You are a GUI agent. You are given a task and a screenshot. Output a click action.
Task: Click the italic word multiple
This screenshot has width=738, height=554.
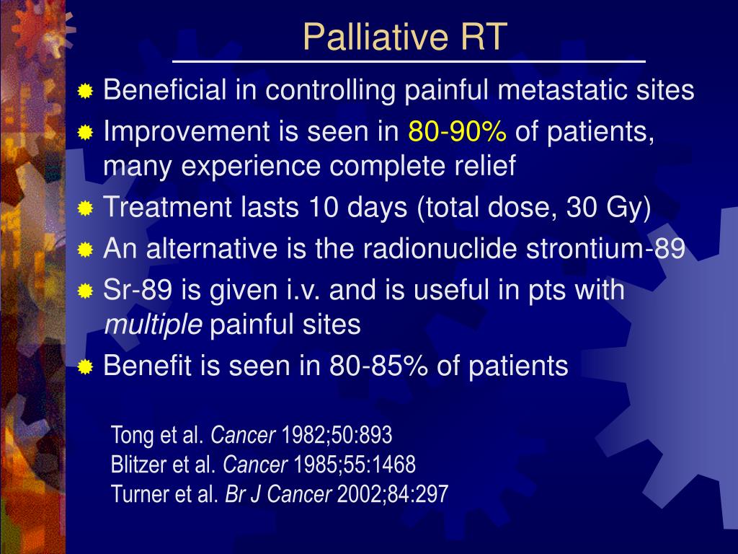(154, 325)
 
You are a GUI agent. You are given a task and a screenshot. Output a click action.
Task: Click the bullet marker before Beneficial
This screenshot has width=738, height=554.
(86, 92)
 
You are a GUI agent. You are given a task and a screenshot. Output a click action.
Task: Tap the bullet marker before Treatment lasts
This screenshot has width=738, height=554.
(86, 209)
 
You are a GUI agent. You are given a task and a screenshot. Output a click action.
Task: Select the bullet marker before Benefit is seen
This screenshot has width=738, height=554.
(86, 367)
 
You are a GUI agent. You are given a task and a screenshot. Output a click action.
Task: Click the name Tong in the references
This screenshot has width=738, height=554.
(127, 435)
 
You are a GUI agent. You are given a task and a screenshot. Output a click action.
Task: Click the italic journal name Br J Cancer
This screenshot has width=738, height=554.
(279, 493)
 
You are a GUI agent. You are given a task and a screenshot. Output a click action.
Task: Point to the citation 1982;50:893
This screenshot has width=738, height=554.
(337, 435)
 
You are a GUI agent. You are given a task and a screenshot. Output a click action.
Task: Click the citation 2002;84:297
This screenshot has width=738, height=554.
(393, 493)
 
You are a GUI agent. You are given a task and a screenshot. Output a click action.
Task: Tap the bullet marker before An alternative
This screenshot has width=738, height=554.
(86, 250)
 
